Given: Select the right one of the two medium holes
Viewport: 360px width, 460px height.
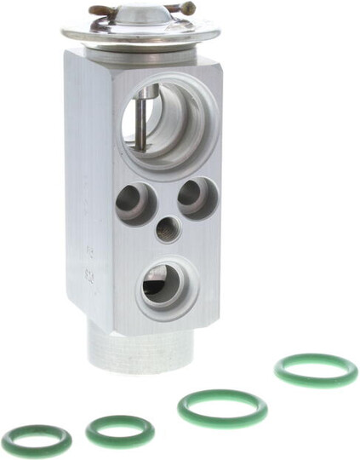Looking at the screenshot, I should coord(197,198).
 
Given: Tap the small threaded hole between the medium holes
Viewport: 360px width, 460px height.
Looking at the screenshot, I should coord(169,227).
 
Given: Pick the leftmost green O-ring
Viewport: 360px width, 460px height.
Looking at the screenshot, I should coord(37,440).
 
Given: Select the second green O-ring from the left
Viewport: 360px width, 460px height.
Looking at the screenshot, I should coord(120,430).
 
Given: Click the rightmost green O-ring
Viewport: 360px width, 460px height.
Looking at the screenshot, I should coord(315,371).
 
